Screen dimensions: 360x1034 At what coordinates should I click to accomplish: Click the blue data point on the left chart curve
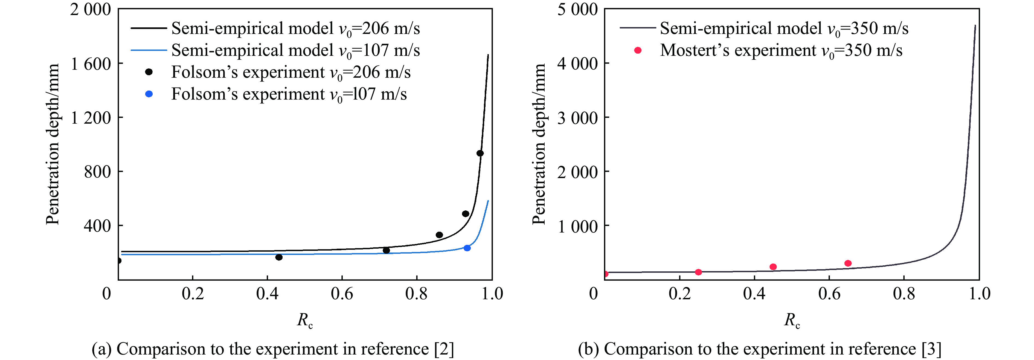(467, 248)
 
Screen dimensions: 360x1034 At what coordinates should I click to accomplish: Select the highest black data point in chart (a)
(480, 153)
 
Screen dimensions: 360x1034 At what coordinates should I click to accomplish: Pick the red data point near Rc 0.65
(848, 263)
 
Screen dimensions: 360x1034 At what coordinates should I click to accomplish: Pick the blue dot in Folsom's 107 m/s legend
(149, 94)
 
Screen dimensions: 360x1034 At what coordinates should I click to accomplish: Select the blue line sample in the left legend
(149, 50)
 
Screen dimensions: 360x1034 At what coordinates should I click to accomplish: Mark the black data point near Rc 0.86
(439, 235)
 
